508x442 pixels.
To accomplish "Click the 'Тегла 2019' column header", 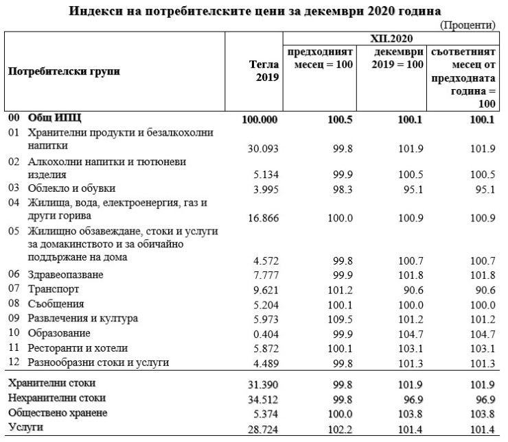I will (x=264, y=71).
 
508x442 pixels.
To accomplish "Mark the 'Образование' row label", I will (x=59, y=333).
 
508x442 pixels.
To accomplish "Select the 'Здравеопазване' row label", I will (x=66, y=275).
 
